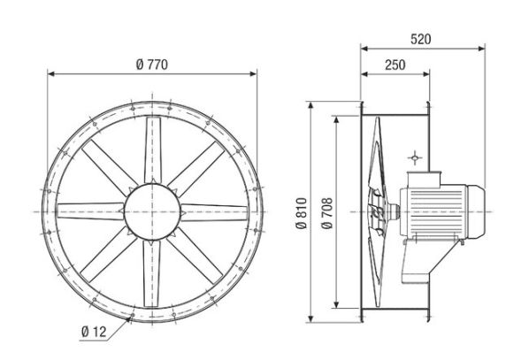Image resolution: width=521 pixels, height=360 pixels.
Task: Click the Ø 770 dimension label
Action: (152, 65)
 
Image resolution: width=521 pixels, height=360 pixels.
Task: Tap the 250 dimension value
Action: (395, 65)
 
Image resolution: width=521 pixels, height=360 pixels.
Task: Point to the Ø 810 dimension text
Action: (303, 213)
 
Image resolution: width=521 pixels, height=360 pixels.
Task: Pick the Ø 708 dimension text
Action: (327, 213)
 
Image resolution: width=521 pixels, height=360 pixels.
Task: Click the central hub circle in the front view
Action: (152, 213)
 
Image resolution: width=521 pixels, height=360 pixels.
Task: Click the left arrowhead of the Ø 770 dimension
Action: (50, 75)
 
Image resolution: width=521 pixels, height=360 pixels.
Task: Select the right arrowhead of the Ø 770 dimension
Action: (255, 75)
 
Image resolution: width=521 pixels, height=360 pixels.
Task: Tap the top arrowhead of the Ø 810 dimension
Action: (311, 104)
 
